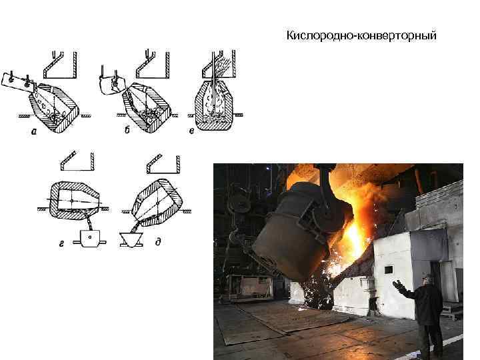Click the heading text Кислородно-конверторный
361,35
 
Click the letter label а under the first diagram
33,131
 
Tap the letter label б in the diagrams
127,131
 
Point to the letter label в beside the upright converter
192,131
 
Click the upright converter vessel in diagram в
213,103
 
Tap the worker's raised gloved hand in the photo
397,285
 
